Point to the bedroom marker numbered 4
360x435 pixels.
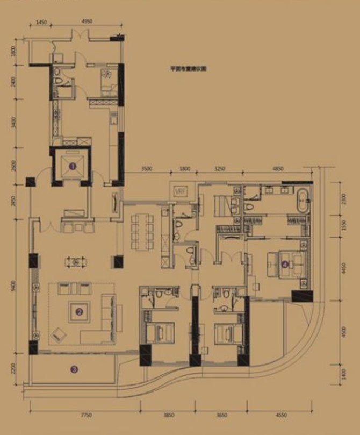(x=284, y=264)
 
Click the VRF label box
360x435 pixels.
(x=179, y=191)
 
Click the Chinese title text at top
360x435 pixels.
(x=188, y=69)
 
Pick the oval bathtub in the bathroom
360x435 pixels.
(x=301, y=201)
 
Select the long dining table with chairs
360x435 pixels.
(x=143, y=231)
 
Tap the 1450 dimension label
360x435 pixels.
(x=43, y=22)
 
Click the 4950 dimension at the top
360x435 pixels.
(x=89, y=22)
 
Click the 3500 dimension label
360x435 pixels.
(x=147, y=169)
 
